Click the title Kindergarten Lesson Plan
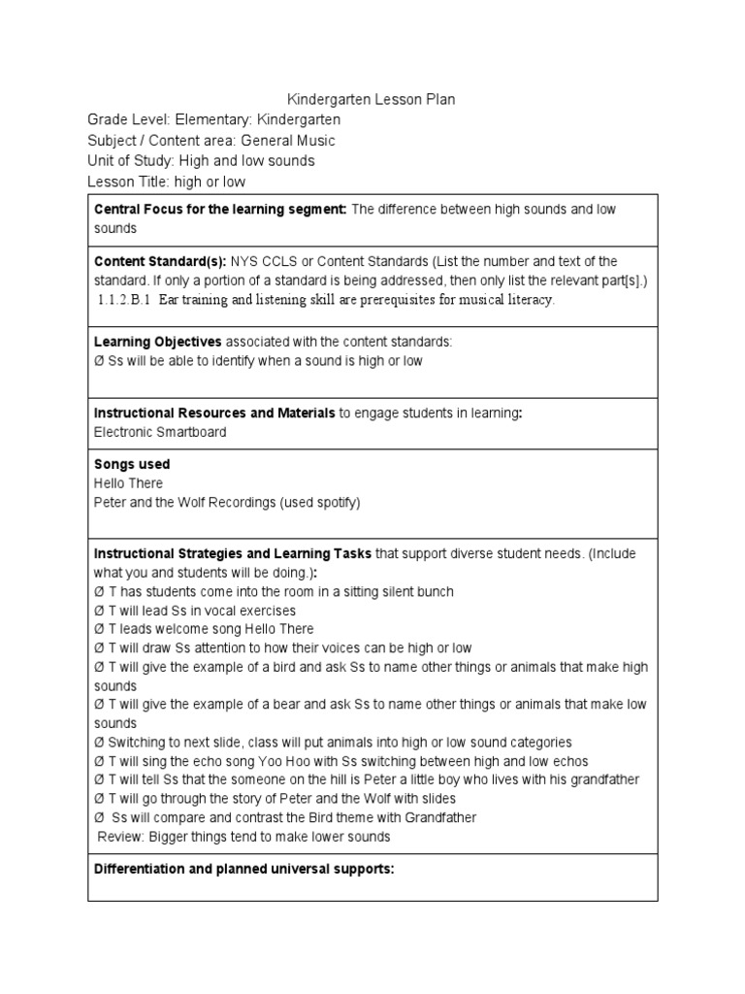click(x=372, y=100)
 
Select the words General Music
click(x=288, y=140)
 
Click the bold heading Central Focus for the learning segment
click(x=220, y=210)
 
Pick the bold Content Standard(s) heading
click(x=159, y=262)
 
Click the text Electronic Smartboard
click(x=160, y=432)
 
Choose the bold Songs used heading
click(x=132, y=465)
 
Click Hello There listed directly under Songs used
click(x=128, y=483)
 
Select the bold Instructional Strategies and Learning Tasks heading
click(x=233, y=554)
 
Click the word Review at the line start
click(x=118, y=837)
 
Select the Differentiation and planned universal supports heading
click(x=243, y=869)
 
